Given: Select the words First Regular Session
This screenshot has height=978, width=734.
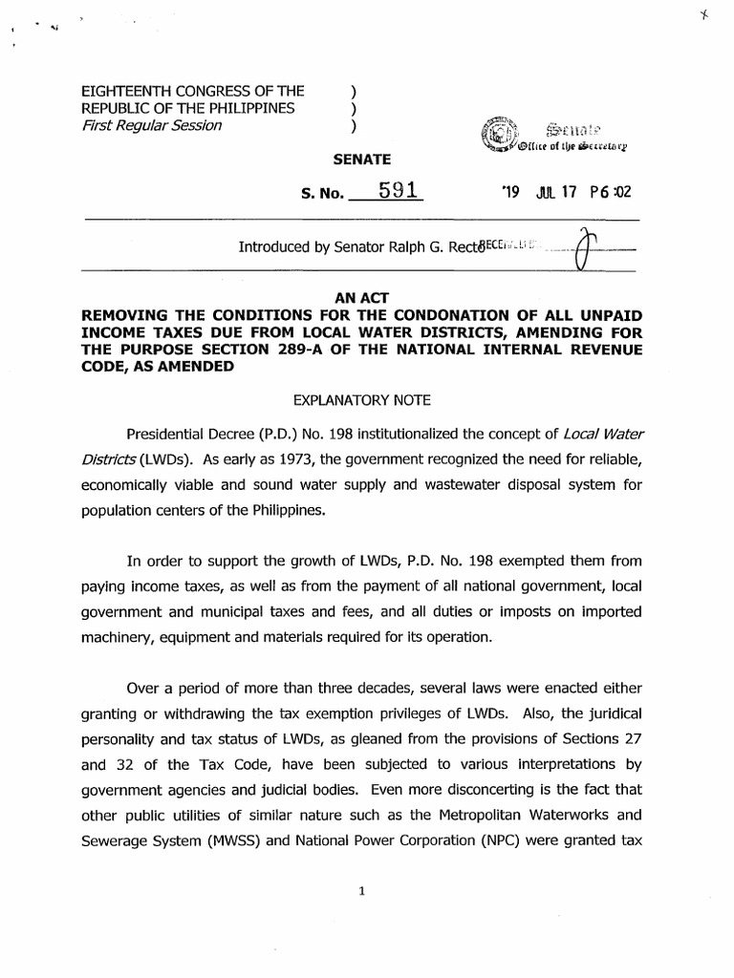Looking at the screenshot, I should coord(151,125).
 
